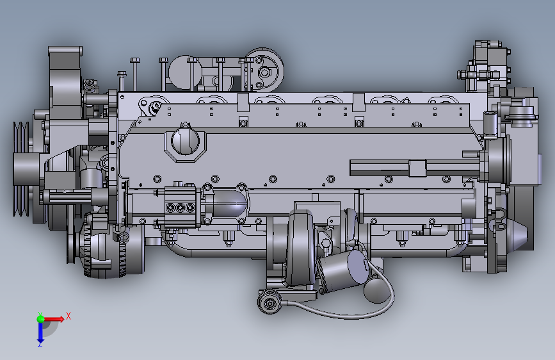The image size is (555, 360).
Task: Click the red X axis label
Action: tap(68, 316)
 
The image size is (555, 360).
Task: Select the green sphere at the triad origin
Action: tap(41, 319)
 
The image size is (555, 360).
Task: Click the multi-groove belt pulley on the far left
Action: tap(22, 169)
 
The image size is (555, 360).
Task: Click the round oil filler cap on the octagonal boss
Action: tap(185, 141)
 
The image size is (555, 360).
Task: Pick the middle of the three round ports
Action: tap(181, 207)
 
